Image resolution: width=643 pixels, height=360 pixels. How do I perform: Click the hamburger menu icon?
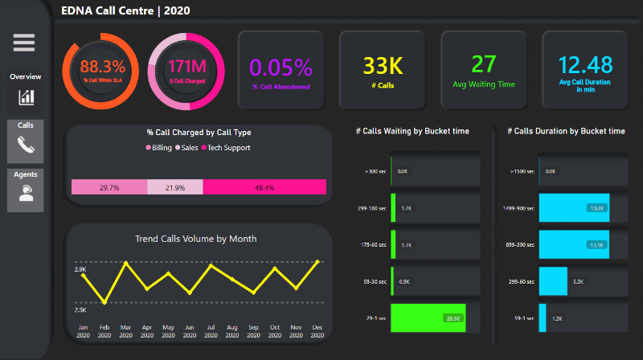[24, 43]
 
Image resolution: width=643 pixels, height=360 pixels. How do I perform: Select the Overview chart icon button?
[27, 97]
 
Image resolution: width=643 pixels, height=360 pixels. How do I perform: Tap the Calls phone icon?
[27, 145]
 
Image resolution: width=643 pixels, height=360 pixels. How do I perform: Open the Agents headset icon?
[27, 194]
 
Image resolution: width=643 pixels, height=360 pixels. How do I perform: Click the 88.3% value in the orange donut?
[103, 67]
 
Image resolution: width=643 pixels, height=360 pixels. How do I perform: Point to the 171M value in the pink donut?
[186, 67]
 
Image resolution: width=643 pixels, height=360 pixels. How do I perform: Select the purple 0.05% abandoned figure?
[281, 67]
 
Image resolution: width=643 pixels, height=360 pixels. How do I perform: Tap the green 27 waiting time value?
[484, 64]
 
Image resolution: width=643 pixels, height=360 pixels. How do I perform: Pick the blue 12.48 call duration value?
[585, 64]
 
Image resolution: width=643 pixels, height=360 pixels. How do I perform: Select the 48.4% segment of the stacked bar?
[264, 187]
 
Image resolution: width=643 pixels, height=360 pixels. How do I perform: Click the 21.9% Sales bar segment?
[175, 187]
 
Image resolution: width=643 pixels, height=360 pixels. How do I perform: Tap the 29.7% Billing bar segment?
[109, 187]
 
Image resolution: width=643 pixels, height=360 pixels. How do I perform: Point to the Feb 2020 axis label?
[104, 330]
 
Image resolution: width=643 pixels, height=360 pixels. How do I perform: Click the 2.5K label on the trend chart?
[80, 309]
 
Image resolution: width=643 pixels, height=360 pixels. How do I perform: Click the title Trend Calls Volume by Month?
[197, 238]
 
